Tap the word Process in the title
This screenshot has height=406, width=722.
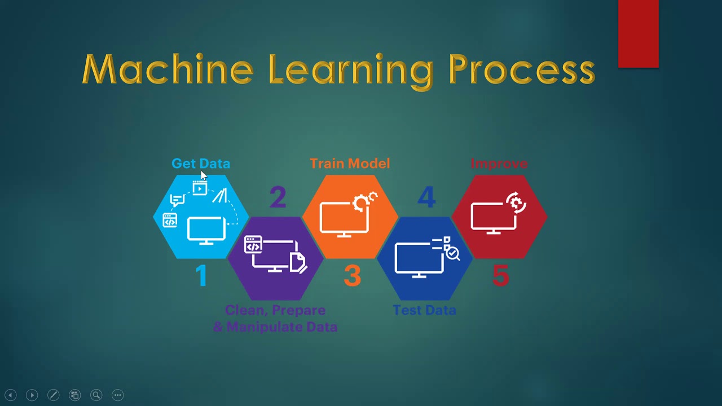[522, 70]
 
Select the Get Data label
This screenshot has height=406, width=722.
[201, 164]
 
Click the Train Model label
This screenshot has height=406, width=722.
[350, 164]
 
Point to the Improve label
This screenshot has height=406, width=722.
[499, 164]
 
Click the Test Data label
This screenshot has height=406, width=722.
[424, 310]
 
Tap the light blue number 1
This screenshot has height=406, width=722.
[201, 276]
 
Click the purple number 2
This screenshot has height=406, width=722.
[278, 197]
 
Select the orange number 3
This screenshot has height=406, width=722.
[352, 276]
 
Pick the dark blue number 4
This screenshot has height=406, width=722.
[426, 197]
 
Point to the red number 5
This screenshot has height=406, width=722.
[500, 276]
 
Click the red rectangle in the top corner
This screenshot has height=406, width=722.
[638, 34]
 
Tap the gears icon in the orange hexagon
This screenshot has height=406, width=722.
[364, 201]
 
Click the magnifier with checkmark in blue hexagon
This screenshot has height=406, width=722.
[452, 254]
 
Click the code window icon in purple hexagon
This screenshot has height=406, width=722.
[253, 245]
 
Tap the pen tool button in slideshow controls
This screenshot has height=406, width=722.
[54, 395]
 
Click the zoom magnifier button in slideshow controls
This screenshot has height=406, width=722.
[96, 395]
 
